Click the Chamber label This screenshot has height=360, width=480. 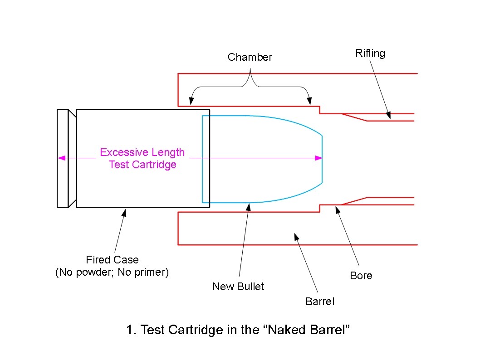click(x=250, y=57)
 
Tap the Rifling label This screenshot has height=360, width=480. click(x=370, y=53)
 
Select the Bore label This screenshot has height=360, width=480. click(x=361, y=276)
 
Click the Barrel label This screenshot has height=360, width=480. click(x=320, y=301)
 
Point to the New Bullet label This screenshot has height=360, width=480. click(x=238, y=287)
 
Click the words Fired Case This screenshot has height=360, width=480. click(x=112, y=260)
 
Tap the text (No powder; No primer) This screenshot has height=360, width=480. click(x=112, y=273)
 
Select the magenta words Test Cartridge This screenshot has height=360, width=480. click(x=142, y=165)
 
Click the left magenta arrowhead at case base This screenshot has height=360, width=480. click(x=60, y=158)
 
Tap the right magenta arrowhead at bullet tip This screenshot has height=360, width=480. click(x=319, y=158)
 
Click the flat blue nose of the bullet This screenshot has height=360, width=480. click(x=322, y=159)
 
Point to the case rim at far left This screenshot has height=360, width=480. click(x=62, y=158)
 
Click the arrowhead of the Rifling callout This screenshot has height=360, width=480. click(x=388, y=116)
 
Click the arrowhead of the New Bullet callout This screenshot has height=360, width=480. click(x=248, y=206)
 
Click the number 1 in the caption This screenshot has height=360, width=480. click(x=130, y=330)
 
